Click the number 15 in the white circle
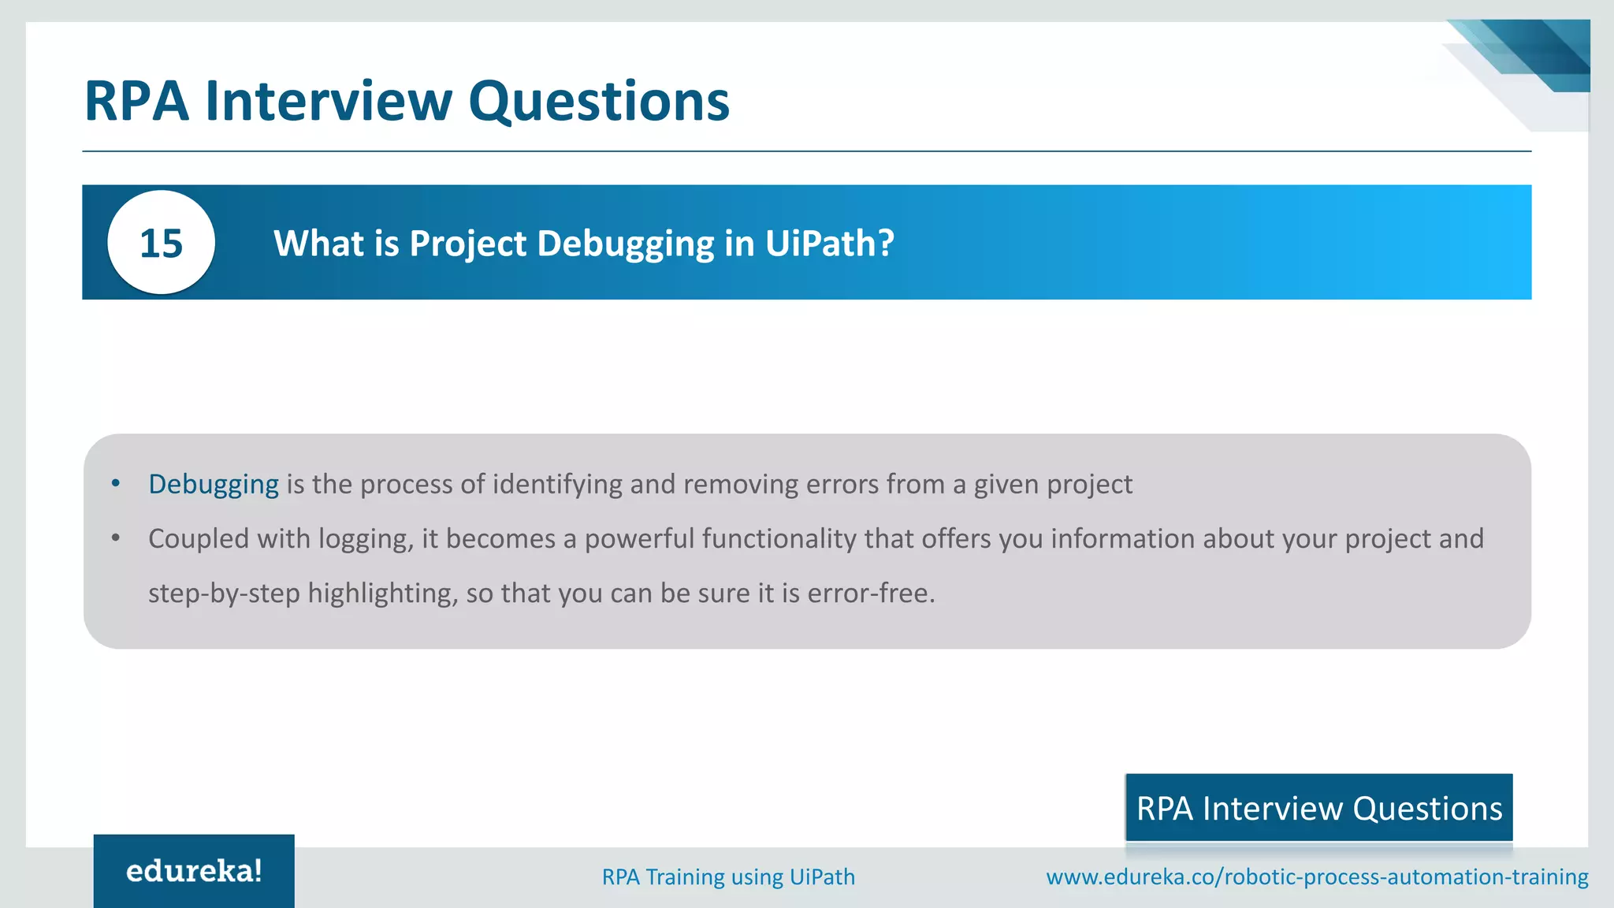click(x=161, y=244)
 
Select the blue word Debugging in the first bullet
click(x=213, y=484)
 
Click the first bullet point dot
click(x=116, y=483)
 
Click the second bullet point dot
click(x=116, y=538)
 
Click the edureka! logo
click(x=194, y=871)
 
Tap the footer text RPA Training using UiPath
click(x=728, y=876)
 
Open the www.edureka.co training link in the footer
click(x=1317, y=876)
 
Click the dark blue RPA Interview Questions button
click(x=1318, y=808)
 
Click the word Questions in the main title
click(x=599, y=101)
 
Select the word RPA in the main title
click(x=136, y=101)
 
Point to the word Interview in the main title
click(x=329, y=101)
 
